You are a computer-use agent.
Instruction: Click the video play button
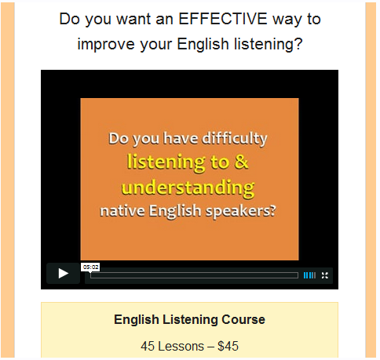pyautogui.click(x=63, y=274)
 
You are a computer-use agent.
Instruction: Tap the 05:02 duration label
pyautogui.click(x=90, y=267)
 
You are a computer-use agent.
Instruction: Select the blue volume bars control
pyautogui.click(x=309, y=275)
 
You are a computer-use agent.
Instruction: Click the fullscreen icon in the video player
pyautogui.click(x=325, y=275)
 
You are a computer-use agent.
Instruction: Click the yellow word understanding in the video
pyautogui.click(x=188, y=187)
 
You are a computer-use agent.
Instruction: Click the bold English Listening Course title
pyautogui.click(x=189, y=320)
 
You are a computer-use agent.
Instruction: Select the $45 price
pyautogui.click(x=226, y=345)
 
